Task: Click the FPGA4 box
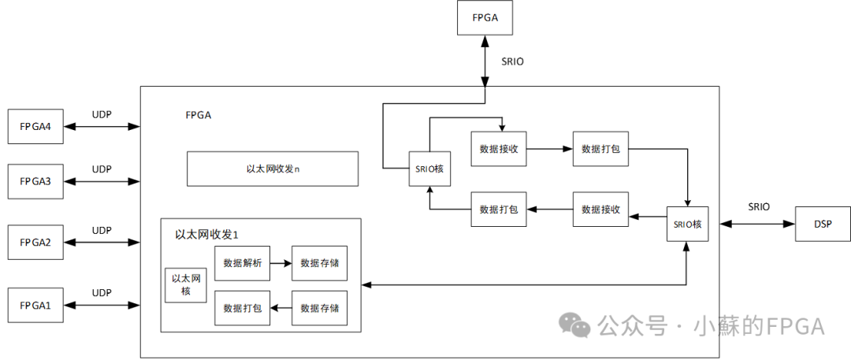(x=35, y=127)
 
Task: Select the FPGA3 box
(x=35, y=182)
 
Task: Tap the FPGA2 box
(x=35, y=243)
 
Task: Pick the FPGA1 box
(x=35, y=305)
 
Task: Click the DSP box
(x=823, y=225)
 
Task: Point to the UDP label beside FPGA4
(x=102, y=114)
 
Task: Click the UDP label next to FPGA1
(x=102, y=292)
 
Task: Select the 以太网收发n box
(x=273, y=169)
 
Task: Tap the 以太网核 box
(x=187, y=285)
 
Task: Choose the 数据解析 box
(x=242, y=263)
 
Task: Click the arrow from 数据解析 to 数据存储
(x=281, y=263)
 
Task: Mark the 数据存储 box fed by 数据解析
(x=319, y=263)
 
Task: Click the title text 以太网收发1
(x=206, y=235)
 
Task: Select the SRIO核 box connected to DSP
(x=687, y=225)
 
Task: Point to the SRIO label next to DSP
(x=758, y=207)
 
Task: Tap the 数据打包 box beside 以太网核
(x=242, y=308)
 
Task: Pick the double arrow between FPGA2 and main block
(x=102, y=243)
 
